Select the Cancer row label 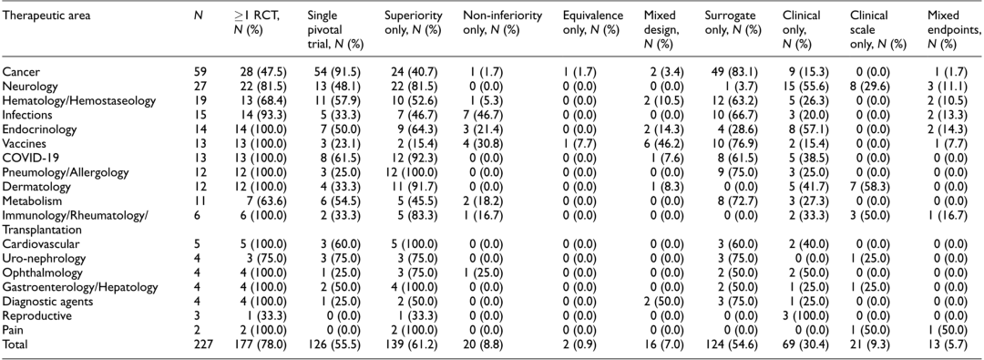pyautogui.click(x=17, y=71)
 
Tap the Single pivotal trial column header pyautogui.click(x=333, y=30)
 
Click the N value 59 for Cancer pyautogui.click(x=200, y=71)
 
